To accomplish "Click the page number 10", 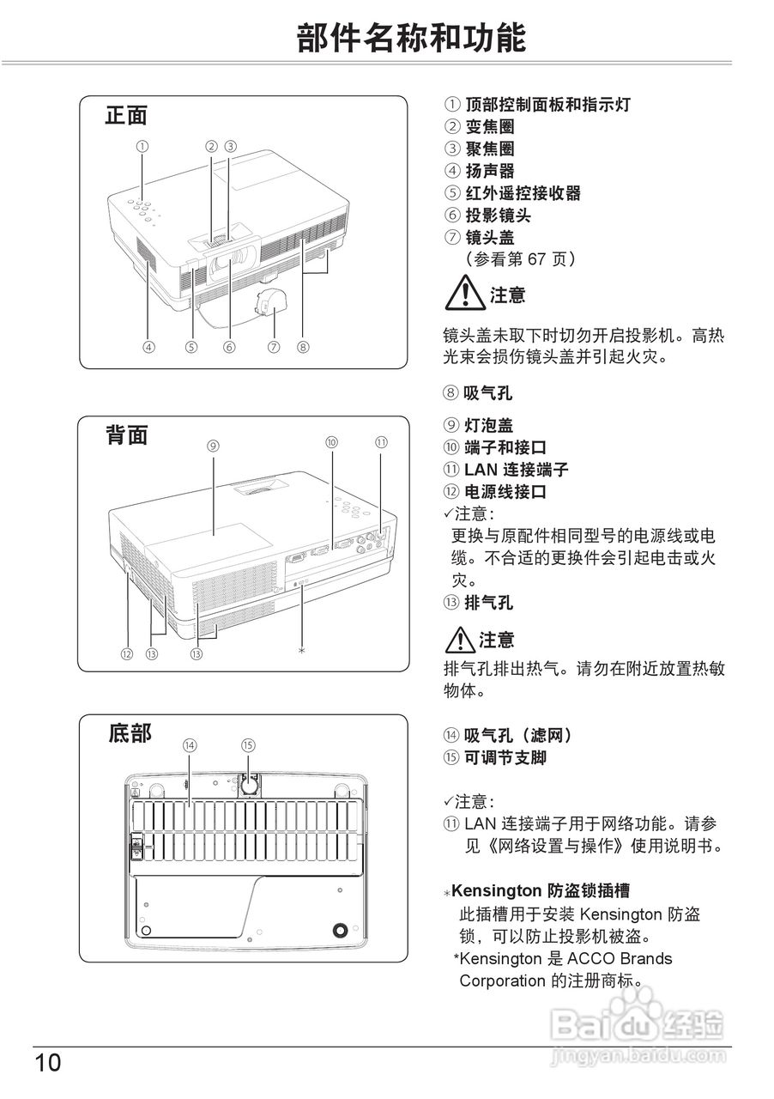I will tap(48, 1063).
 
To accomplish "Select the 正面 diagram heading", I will tap(126, 115).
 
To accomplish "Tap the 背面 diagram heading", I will tap(126, 435).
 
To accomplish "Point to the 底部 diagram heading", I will tap(130, 733).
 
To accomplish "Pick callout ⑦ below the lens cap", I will tap(274, 348).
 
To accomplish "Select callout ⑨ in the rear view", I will tap(214, 446).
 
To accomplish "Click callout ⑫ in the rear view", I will tap(127, 653).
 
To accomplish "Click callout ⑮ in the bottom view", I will tap(248, 745).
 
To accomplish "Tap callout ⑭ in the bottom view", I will tap(190, 745).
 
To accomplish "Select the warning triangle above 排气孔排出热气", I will tap(459, 640).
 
